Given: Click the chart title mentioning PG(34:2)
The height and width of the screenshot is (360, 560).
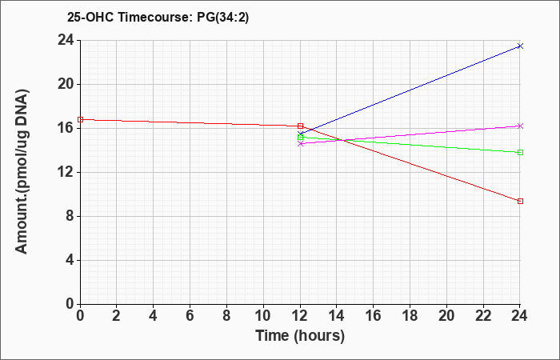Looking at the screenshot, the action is [158, 17].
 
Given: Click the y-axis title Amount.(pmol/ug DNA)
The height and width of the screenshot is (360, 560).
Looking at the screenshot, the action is [22, 171].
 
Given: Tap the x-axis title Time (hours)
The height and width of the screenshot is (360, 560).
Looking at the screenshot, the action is [300, 336].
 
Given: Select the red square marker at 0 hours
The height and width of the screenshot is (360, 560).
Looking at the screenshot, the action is [80, 120].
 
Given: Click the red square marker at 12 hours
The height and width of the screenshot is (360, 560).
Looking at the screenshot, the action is [300, 126].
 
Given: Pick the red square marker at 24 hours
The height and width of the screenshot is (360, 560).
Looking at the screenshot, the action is [520, 202].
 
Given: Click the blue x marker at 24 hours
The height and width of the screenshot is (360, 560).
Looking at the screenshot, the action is [520, 46].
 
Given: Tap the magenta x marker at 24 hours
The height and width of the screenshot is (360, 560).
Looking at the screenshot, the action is [520, 126].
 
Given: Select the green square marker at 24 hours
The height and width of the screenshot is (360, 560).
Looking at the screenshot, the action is [520, 153].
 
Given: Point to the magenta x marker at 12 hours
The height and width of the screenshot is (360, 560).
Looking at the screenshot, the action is [300, 143].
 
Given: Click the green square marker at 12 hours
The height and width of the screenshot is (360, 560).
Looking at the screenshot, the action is [300, 137].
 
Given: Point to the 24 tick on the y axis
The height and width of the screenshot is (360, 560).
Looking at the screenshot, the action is [66, 40].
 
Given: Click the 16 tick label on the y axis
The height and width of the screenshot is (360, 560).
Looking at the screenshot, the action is [66, 128].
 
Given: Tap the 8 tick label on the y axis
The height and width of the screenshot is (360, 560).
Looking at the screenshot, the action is [70, 216].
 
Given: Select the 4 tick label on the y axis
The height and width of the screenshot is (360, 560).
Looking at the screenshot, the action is [70, 260].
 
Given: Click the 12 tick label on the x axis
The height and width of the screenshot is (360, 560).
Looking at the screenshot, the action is [300, 316].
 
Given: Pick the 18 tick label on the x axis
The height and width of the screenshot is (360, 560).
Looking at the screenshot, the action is [410, 316].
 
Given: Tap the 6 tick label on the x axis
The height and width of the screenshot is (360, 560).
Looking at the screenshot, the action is [190, 316].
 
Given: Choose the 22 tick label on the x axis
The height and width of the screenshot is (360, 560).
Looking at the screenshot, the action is [483, 316].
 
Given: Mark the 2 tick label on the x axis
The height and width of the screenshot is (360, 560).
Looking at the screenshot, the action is [117, 316].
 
